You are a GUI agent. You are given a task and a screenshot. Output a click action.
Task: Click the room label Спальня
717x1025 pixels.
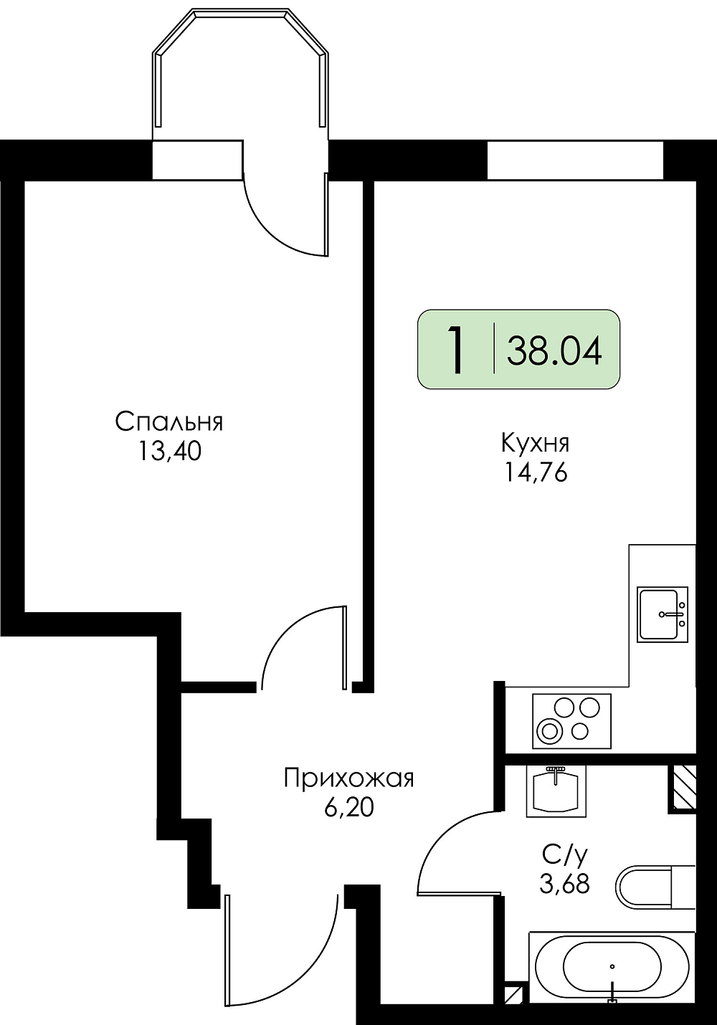[168, 422]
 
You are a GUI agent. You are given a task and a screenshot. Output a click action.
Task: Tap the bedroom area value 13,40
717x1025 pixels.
[169, 452]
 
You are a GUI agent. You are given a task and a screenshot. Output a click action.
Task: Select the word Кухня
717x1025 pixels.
[535, 444]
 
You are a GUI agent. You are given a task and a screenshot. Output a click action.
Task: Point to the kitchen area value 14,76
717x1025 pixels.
[536, 472]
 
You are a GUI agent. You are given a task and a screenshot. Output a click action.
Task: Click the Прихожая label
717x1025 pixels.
[349, 778]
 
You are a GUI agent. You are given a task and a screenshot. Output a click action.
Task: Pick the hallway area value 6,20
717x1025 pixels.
[349, 808]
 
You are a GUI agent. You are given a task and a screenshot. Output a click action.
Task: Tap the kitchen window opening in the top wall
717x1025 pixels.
[575, 160]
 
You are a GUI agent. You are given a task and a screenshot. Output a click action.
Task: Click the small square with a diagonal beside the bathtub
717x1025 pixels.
[513, 1006]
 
